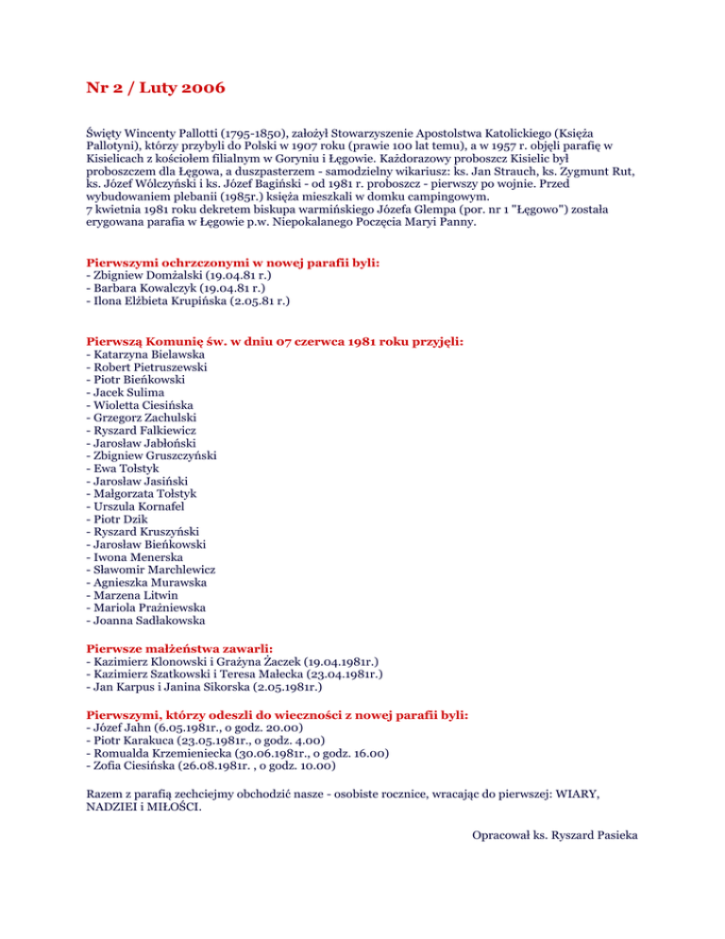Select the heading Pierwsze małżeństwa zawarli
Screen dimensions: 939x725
point(179,650)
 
